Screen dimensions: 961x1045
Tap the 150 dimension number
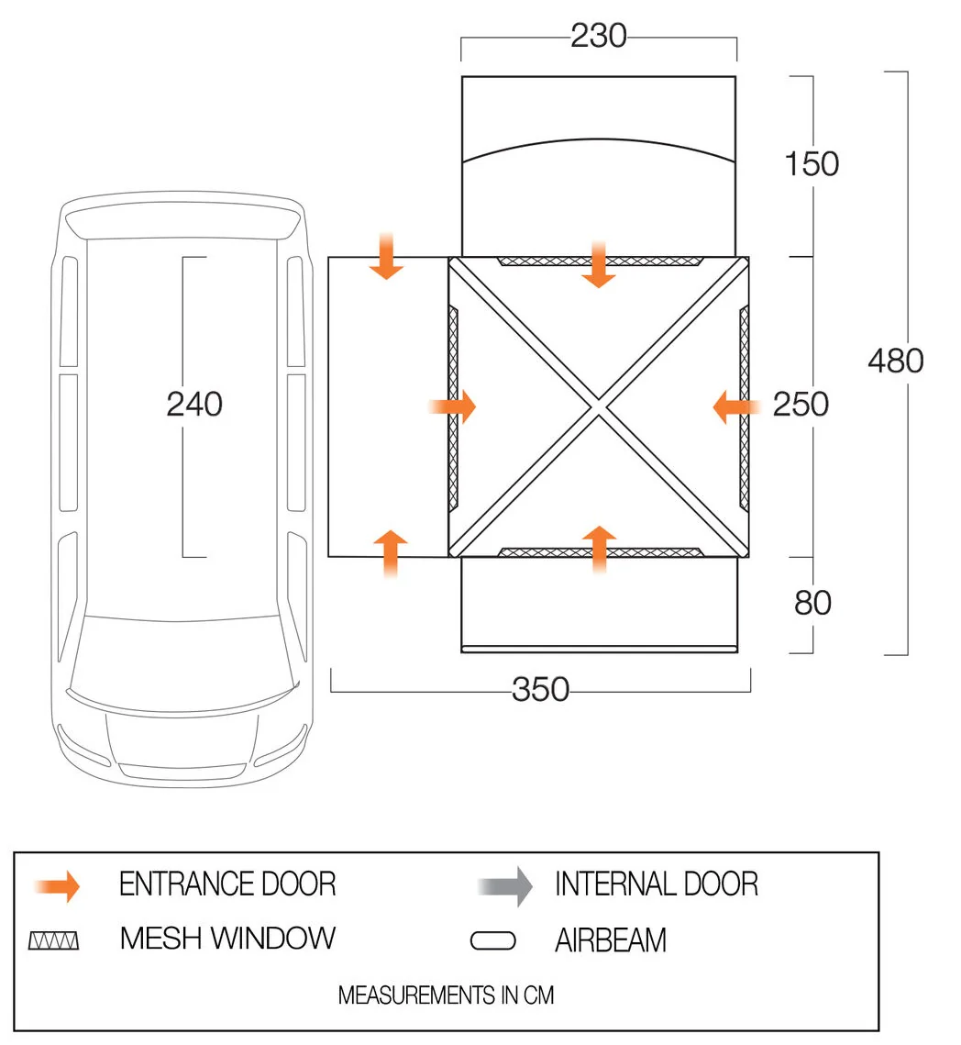click(812, 164)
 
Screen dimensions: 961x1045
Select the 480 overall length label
click(896, 361)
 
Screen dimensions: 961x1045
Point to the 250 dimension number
click(801, 405)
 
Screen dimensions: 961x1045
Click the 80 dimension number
click(812, 603)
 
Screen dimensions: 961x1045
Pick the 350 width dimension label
click(541, 689)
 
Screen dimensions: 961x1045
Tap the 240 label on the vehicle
click(194, 405)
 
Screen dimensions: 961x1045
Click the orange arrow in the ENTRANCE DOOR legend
click(57, 886)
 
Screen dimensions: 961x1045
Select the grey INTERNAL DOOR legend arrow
click(505, 886)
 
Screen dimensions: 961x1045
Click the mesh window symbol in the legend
click(53, 940)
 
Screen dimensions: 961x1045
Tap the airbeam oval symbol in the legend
click(492, 940)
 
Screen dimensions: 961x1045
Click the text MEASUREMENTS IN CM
click(447, 995)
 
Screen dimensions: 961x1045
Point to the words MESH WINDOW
click(227, 939)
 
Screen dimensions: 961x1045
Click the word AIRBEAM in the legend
click(611, 940)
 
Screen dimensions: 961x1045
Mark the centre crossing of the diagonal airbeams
click(598, 406)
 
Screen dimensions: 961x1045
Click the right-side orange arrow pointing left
click(736, 406)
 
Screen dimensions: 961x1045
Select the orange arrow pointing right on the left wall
click(452, 406)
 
